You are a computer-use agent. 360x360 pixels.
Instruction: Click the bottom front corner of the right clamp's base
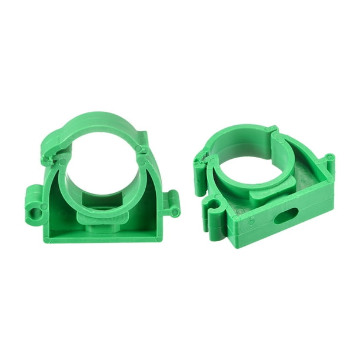pos(235,244)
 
